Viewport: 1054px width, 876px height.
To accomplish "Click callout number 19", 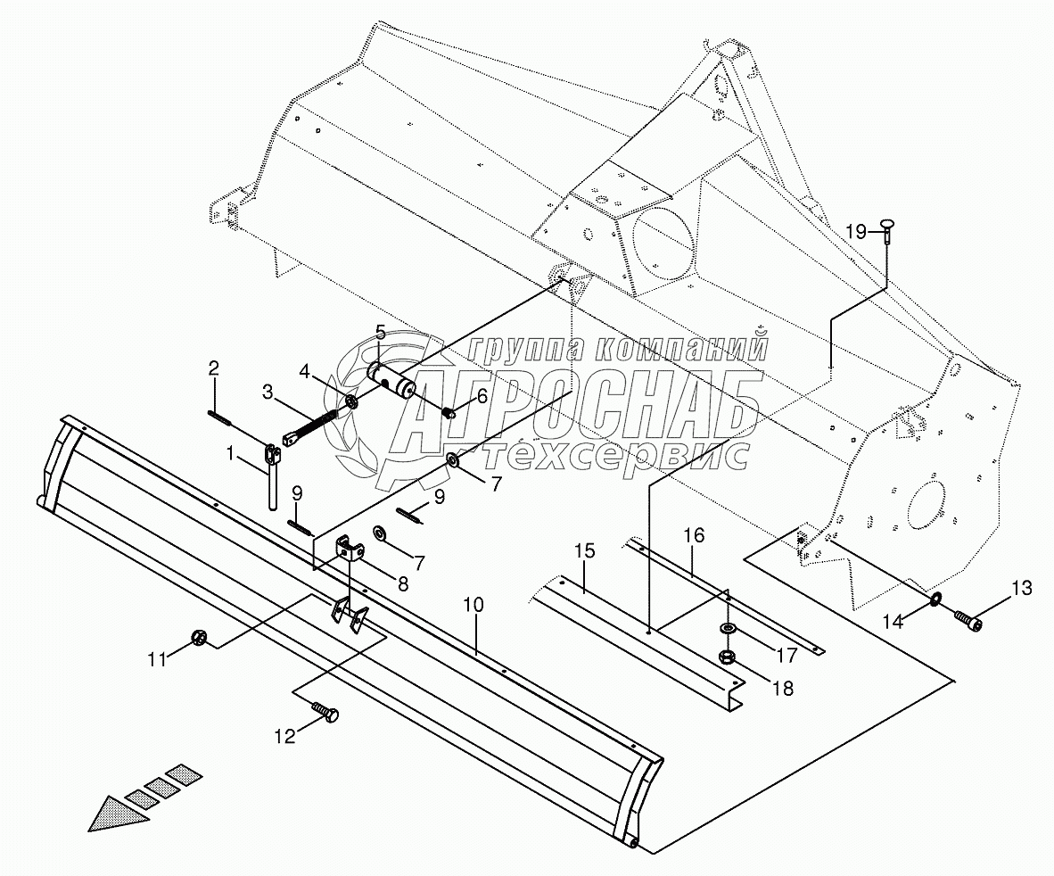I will tap(856, 232).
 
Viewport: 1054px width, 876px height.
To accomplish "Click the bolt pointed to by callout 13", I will tap(967, 618).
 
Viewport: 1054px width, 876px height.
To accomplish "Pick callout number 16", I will tap(694, 535).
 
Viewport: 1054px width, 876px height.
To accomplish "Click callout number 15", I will tap(584, 551).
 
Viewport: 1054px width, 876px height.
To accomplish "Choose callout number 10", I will tap(283, 736).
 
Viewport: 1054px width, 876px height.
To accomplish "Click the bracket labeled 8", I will tap(350, 550).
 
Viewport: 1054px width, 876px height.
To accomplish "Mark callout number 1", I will tap(230, 453).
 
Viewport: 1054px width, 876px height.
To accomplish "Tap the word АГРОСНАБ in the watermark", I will tap(571, 406).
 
